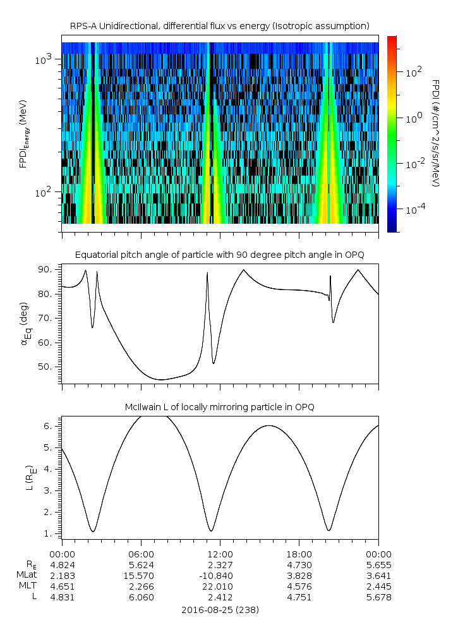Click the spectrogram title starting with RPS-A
[x=219, y=26]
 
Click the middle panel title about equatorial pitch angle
[x=219, y=255]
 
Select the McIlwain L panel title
[x=219, y=407]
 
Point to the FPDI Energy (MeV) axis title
[x=23, y=133]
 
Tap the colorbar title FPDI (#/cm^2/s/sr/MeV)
[x=435, y=133]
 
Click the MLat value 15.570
[x=141, y=575]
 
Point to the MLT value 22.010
[x=220, y=586]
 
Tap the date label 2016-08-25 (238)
[x=220, y=610]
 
